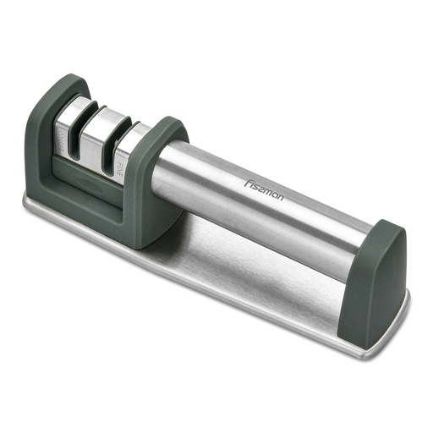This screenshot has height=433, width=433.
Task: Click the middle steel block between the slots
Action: click(x=100, y=134)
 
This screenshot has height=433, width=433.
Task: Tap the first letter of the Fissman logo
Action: click(x=246, y=178)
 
